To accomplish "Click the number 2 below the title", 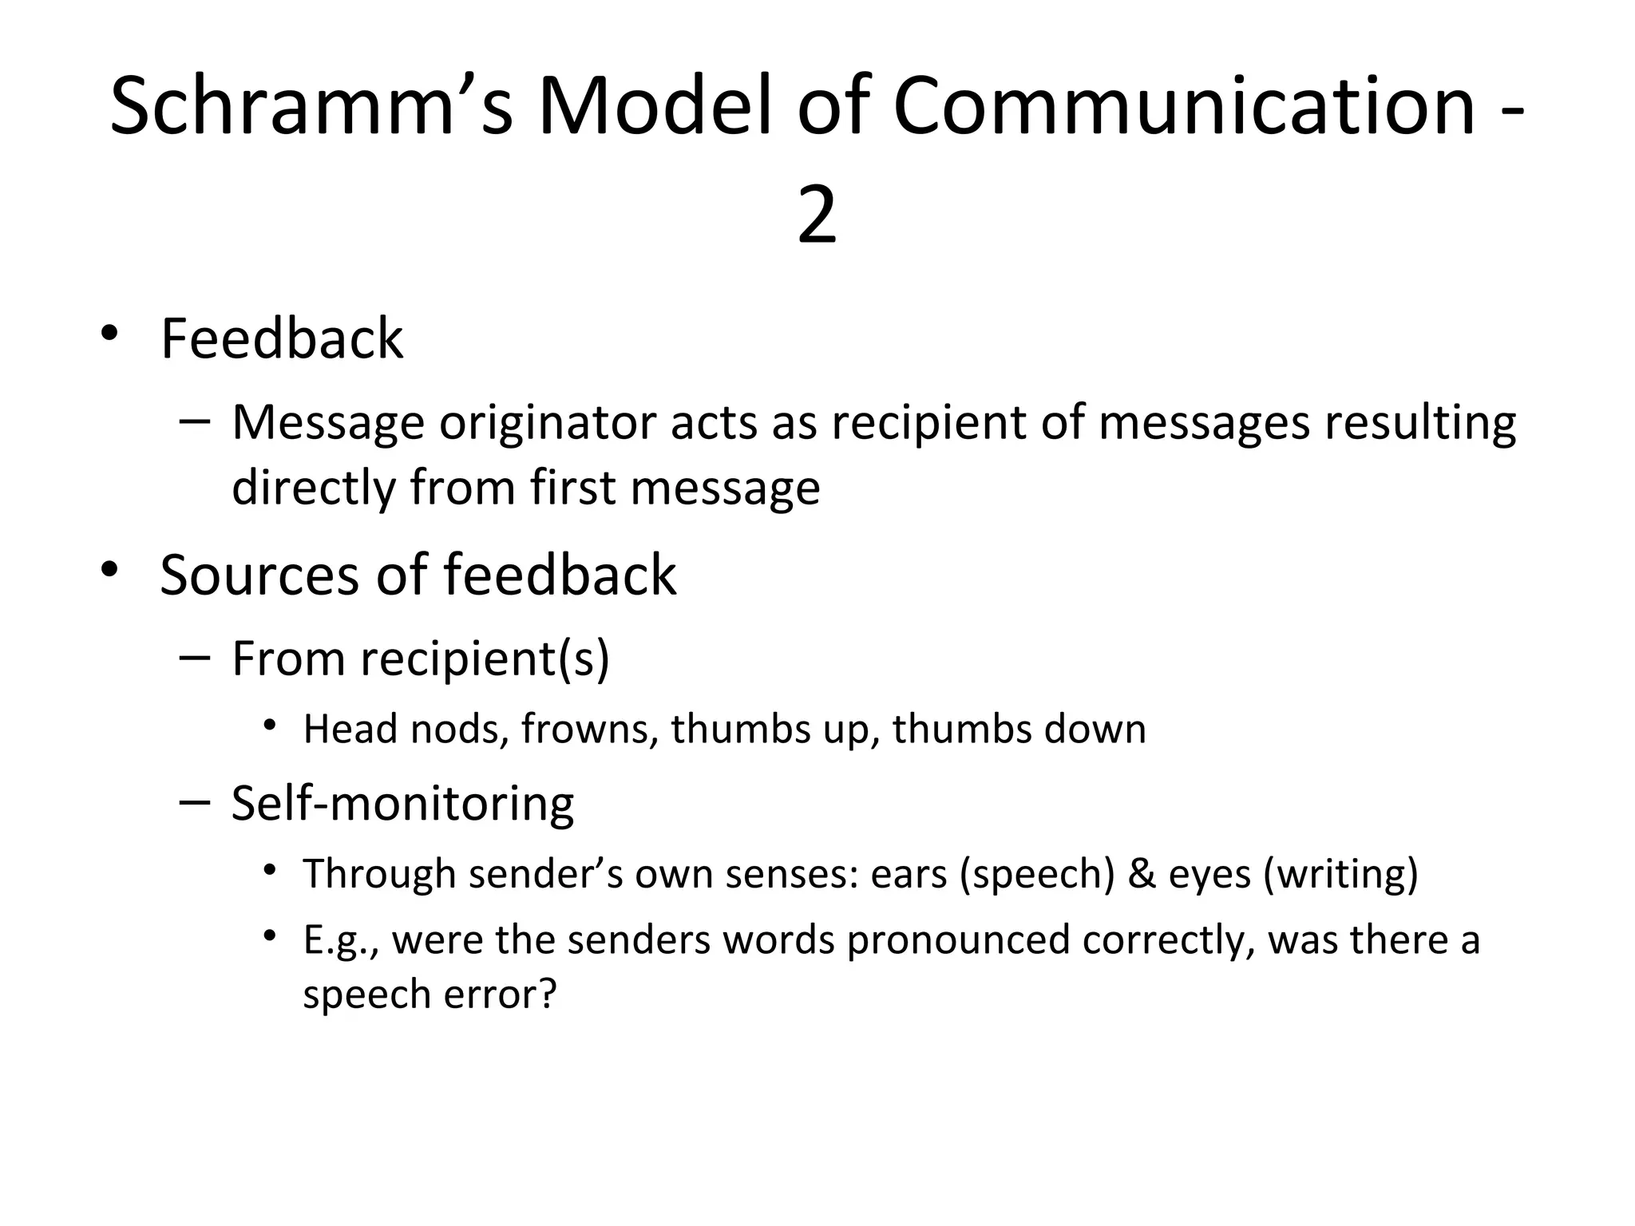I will click(x=817, y=216).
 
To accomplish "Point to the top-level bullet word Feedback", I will click(x=282, y=338).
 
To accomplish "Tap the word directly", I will click(x=312, y=487).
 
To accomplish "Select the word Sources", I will click(x=259, y=575).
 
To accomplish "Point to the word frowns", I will click(x=589, y=729).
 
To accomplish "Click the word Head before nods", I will click(x=350, y=729).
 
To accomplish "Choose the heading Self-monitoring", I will click(x=402, y=803).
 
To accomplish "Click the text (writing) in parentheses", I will click(x=1341, y=873).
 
